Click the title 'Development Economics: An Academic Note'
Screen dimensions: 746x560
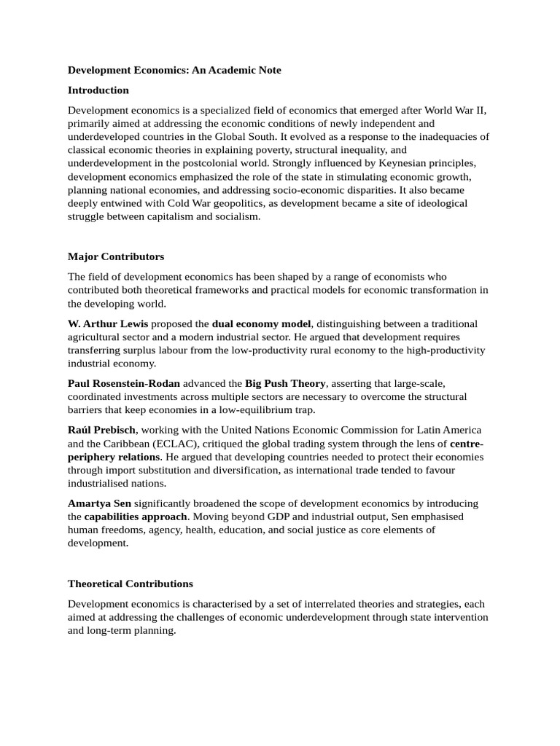174,70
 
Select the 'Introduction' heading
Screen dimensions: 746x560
98,90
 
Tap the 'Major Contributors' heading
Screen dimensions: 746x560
116,256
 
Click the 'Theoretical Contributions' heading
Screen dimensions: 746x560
131,584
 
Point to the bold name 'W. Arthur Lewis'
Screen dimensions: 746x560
108,323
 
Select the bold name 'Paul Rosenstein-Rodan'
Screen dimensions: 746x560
124,383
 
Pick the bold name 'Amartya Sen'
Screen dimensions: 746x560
100,503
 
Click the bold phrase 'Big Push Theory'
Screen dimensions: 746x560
285,383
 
